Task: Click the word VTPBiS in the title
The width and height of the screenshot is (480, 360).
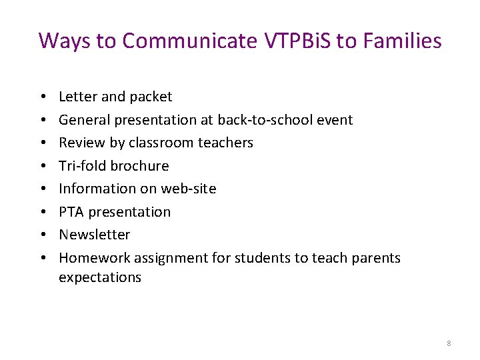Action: pos(296,41)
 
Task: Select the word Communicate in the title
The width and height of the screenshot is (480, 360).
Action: pos(189,41)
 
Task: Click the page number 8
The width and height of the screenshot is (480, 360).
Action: pos(449,343)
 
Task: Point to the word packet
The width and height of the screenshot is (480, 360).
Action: pos(151,97)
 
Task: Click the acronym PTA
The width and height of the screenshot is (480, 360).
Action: pos(71,212)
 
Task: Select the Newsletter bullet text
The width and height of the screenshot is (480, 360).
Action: pos(94,235)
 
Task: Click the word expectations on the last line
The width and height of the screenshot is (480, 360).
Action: pos(100,277)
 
